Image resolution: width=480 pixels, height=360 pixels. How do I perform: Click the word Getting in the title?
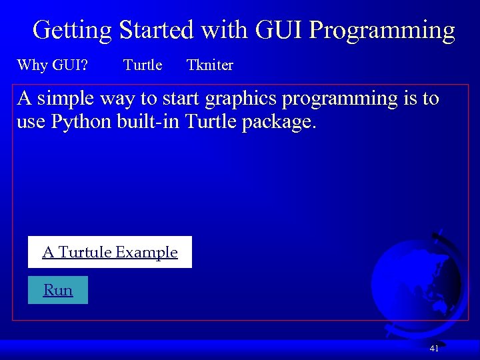coord(72,31)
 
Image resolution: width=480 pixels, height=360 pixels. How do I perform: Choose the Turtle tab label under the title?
coord(143,65)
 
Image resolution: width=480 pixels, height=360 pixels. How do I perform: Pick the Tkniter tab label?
coord(210,65)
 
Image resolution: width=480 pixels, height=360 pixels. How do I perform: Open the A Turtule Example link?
coord(110,252)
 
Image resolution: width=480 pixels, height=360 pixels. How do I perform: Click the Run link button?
coord(58,290)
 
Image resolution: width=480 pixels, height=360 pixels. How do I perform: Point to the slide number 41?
coord(434,348)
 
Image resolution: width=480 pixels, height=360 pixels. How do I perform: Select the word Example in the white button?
coord(147,252)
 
